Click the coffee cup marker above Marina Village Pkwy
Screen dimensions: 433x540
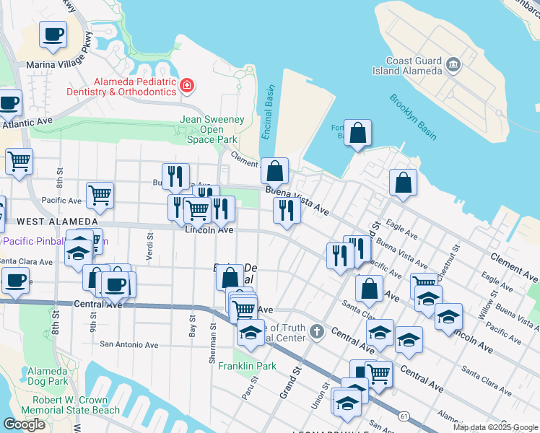tap(53, 34)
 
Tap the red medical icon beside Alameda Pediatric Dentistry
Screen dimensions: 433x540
tap(186, 87)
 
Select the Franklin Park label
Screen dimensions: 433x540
tap(248, 366)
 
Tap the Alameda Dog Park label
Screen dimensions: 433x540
tap(48, 375)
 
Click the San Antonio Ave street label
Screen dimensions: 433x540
tap(129, 345)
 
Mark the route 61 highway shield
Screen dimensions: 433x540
tap(404, 416)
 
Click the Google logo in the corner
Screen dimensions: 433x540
tap(24, 424)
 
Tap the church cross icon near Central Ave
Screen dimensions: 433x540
tap(316, 332)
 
